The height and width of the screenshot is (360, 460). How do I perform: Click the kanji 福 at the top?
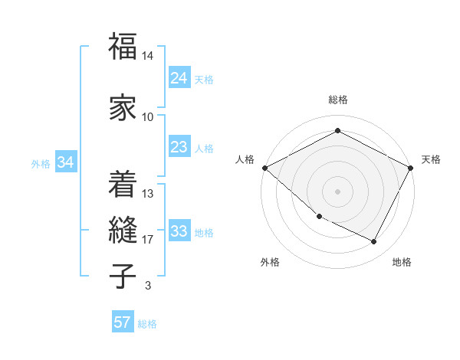123,47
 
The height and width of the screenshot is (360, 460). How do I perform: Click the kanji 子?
123,276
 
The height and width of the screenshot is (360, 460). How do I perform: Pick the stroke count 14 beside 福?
148,57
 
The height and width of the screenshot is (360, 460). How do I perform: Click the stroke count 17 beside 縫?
148,240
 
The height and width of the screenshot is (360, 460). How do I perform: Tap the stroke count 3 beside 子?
147,286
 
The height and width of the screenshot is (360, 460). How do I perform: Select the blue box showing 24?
179,78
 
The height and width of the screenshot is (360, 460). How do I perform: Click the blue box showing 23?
179,147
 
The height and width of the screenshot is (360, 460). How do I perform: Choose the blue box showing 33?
179,231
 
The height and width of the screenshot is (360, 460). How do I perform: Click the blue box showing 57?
123,322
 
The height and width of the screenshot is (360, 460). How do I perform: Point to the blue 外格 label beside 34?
41,163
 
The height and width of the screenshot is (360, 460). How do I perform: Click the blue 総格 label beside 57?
147,323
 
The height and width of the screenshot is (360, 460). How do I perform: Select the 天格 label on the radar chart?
431,159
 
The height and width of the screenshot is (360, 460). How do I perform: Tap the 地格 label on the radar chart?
402,262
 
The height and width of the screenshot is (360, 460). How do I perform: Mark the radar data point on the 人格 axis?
264,168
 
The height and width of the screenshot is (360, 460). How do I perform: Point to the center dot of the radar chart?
337,191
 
